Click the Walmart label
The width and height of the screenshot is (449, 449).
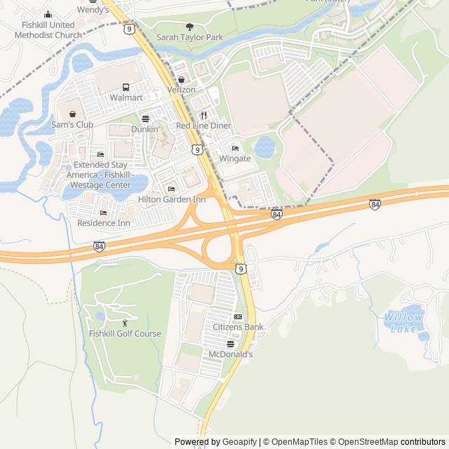tap(126, 98)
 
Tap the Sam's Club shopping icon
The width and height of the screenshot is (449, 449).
tap(72, 114)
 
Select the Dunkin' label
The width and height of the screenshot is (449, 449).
tap(145, 129)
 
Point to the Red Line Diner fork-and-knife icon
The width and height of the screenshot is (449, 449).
tap(203, 115)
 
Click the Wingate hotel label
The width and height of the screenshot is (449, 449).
tap(235, 159)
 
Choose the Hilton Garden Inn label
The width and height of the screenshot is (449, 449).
tap(171, 199)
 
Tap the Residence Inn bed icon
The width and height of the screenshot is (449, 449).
tap(103, 213)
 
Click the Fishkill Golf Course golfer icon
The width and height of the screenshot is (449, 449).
tap(125, 323)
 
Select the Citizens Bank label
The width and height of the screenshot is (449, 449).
tap(238, 327)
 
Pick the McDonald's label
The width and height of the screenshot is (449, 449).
tap(230, 354)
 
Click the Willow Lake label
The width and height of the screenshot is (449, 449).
tap(403, 323)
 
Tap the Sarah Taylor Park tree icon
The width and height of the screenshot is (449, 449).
tap(189, 26)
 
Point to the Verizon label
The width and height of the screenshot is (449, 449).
tap(181, 91)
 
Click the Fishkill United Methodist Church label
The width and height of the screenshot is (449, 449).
tap(48, 29)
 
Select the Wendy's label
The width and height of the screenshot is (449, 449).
tap(93, 10)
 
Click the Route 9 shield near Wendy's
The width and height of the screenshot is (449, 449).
tap(128, 29)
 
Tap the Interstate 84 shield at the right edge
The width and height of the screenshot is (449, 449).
tap(375, 204)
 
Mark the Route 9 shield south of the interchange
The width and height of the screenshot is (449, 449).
tap(241, 269)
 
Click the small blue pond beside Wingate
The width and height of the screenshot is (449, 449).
tap(264, 147)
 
